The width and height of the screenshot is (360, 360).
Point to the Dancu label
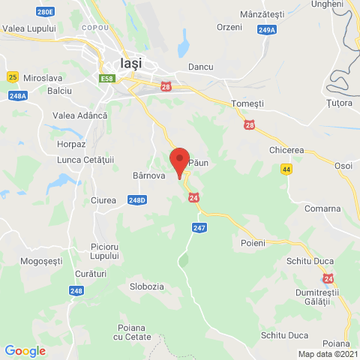point(201,67)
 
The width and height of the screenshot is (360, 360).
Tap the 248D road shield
point(136,200)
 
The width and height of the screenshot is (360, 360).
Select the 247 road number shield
point(199,226)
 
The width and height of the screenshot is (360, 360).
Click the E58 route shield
point(106,77)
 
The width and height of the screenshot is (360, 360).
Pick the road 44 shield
point(286,169)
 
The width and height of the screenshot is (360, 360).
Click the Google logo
point(25,350)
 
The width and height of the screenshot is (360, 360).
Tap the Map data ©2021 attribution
point(327,354)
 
